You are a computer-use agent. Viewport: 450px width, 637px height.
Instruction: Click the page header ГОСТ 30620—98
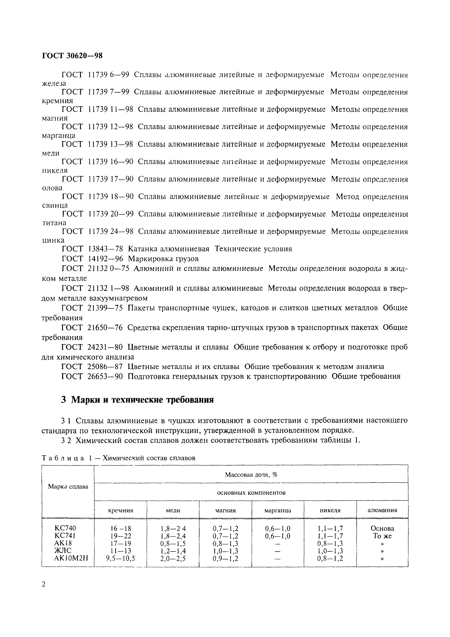coord(72,56)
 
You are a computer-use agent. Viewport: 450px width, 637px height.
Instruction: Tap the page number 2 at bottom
coord(44,585)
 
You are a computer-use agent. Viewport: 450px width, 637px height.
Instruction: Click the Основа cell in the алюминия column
coord(382,528)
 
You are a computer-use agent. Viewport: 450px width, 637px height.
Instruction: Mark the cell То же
coord(382,536)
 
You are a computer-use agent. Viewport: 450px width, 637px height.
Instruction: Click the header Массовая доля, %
coord(251,474)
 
